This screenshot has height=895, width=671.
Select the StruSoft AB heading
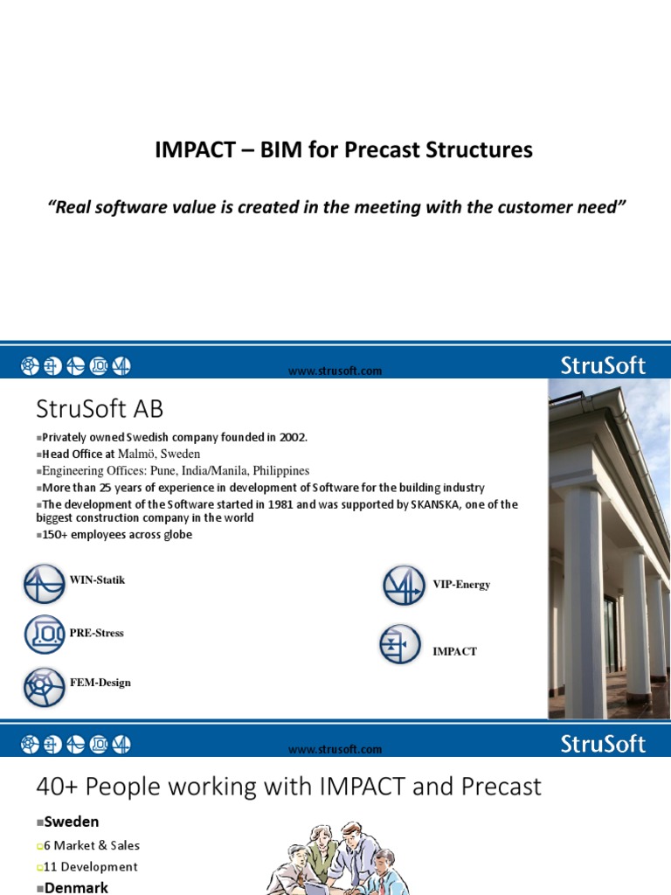click(100, 409)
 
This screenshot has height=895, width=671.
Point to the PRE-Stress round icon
click(45, 635)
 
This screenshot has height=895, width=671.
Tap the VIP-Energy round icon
click(405, 585)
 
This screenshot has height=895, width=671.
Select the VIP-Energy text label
click(461, 585)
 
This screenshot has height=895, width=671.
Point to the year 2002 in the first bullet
click(293, 437)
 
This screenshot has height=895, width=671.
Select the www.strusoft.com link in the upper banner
click(335, 371)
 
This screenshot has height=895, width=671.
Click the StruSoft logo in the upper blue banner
click(603, 366)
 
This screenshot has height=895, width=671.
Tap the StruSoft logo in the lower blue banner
click(603, 745)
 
